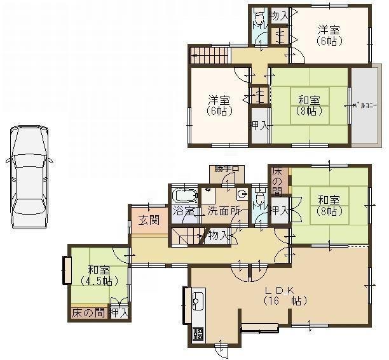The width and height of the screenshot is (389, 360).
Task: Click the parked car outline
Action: (x=29, y=177)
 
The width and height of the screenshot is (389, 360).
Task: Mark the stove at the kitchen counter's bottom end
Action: (x=197, y=334)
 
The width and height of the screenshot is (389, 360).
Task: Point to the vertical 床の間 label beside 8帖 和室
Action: (x=277, y=181)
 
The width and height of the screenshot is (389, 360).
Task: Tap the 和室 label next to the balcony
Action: (x=309, y=100)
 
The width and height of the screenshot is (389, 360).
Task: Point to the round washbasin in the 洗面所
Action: (x=242, y=194)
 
